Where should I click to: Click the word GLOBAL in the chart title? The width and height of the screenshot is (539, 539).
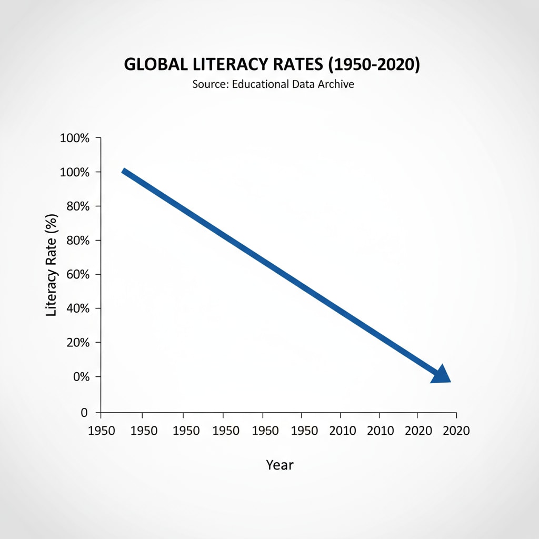point(153,64)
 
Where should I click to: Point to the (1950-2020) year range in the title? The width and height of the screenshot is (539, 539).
point(374,64)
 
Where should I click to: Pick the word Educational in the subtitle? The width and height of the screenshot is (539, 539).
point(259,84)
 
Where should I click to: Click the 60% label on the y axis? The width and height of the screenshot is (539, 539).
point(78,274)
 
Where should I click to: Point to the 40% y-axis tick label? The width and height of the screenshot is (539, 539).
point(78,308)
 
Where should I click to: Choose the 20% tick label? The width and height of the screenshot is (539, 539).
point(78,343)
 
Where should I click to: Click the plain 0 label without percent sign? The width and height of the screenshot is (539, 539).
point(84,413)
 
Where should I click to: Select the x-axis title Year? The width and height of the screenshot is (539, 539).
point(280,465)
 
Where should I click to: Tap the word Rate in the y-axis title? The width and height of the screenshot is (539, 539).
point(51,248)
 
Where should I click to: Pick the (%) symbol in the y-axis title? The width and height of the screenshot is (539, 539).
point(51,222)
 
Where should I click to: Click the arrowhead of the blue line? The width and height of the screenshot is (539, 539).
point(442,374)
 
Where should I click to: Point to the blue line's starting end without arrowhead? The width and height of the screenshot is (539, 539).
point(124,171)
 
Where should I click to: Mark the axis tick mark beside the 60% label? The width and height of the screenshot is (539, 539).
point(98,274)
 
